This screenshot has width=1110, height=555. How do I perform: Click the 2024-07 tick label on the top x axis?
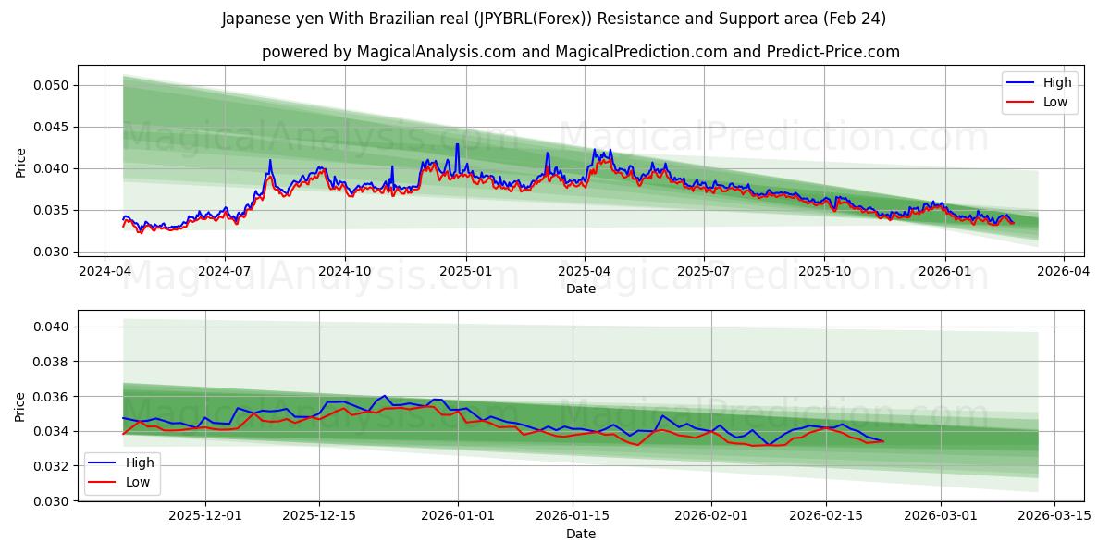click(x=225, y=272)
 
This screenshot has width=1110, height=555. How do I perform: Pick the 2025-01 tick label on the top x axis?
click(x=465, y=272)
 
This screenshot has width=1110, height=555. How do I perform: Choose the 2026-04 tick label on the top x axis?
click(x=1063, y=272)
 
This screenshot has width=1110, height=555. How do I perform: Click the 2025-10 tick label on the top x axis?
click(x=824, y=272)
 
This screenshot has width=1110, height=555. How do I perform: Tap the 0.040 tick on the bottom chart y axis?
click(x=55, y=327)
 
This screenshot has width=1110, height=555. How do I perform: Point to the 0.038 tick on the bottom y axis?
click(x=55, y=362)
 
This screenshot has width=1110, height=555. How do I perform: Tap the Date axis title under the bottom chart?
click(x=580, y=534)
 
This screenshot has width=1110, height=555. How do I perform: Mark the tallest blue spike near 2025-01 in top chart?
click(x=457, y=144)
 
